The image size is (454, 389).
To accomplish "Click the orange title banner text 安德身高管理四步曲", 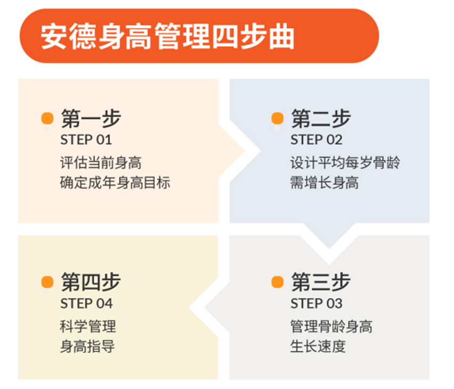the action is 167,36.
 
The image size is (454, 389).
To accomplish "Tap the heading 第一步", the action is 91,118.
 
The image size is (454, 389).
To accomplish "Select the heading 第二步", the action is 321,118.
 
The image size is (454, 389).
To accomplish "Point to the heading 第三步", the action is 321,282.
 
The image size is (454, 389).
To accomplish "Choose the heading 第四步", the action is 91,282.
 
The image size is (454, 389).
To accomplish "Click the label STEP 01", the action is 86,140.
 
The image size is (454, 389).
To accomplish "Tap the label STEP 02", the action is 317,140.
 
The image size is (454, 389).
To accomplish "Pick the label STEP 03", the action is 317,304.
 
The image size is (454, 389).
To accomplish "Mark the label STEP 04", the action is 86,304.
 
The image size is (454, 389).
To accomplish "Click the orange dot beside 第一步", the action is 47,118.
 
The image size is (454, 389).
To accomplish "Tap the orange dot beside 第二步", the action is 278,118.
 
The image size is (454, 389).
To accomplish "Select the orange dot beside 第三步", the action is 278,282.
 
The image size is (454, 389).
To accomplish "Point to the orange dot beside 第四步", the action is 47,282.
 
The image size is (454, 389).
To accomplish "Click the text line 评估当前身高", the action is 101,163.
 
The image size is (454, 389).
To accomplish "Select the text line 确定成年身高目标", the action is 115,183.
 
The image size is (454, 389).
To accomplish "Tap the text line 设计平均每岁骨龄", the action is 345,163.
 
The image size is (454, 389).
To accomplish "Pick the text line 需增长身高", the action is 325,183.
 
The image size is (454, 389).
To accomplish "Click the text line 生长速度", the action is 318,346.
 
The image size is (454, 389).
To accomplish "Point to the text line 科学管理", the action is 88,327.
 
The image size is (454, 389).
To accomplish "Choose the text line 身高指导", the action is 87,346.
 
